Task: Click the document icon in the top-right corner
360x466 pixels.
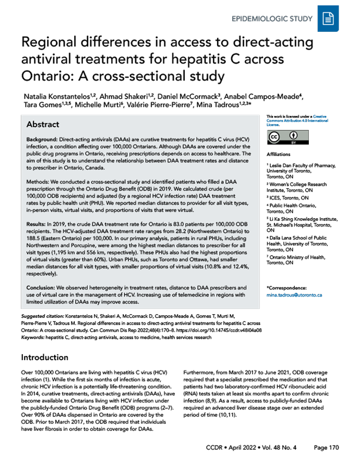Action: [x=328, y=19]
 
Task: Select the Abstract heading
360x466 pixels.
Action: [x=43, y=125]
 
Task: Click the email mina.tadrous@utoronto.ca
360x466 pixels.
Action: [x=294, y=295]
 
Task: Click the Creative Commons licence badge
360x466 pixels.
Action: [x=281, y=138]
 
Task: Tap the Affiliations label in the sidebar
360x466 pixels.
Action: [x=278, y=155]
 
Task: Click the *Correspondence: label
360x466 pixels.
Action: [x=286, y=288]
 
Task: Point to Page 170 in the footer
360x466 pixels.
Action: [x=327, y=448]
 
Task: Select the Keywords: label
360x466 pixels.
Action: [x=33, y=337]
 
